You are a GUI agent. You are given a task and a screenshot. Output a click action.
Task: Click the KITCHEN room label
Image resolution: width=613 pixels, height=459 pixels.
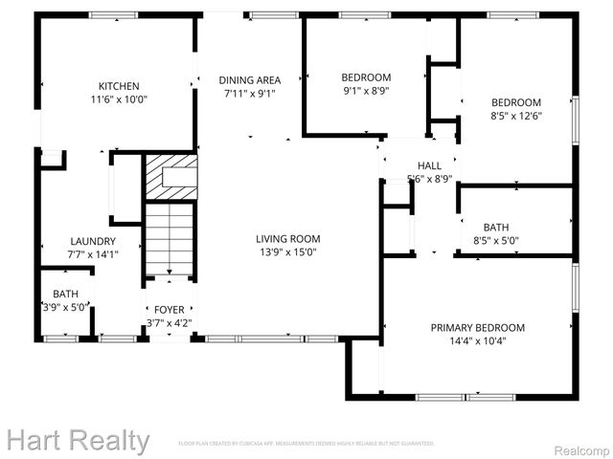click(119, 85)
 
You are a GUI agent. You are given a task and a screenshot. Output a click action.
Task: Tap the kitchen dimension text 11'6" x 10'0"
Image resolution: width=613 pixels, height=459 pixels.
click(119, 98)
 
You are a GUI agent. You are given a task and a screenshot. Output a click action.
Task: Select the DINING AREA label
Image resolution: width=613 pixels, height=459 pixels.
click(250, 80)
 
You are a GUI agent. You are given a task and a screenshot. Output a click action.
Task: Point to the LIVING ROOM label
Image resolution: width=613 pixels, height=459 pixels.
click(287, 239)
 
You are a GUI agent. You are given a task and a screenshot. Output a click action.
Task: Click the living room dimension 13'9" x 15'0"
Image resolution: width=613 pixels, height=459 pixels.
click(287, 252)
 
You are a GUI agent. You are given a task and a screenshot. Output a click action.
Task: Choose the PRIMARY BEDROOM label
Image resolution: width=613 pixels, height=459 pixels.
click(477, 328)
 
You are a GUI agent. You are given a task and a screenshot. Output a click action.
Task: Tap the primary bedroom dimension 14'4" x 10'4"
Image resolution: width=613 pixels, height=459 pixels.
click(477, 341)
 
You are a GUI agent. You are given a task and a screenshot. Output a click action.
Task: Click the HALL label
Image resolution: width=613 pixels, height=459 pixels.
click(429, 165)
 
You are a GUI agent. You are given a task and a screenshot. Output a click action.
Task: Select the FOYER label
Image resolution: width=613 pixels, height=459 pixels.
click(169, 310)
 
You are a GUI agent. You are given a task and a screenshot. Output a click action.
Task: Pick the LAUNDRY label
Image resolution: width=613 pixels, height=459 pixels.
click(93, 241)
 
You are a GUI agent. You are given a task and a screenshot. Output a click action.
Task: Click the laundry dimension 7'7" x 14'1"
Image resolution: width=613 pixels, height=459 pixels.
click(93, 254)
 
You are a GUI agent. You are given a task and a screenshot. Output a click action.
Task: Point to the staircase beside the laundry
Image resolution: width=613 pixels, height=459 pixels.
click(170, 239)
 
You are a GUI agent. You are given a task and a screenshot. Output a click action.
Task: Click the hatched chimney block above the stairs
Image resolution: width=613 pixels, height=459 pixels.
click(171, 177)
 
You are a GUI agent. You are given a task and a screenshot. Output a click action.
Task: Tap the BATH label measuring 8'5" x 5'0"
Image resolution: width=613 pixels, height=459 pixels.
click(496, 228)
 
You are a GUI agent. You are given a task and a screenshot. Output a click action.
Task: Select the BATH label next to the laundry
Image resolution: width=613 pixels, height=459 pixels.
click(66, 294)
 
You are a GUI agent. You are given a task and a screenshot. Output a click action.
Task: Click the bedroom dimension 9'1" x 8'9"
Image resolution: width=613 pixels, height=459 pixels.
click(366, 92)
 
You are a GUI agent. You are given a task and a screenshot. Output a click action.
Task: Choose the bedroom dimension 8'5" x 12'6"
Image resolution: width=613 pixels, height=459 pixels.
click(516, 117)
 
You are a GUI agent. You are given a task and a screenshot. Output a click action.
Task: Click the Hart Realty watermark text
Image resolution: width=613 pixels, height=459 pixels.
click(77, 441)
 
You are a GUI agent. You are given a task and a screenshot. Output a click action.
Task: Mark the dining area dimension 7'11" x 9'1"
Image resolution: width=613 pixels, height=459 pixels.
click(250, 94)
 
